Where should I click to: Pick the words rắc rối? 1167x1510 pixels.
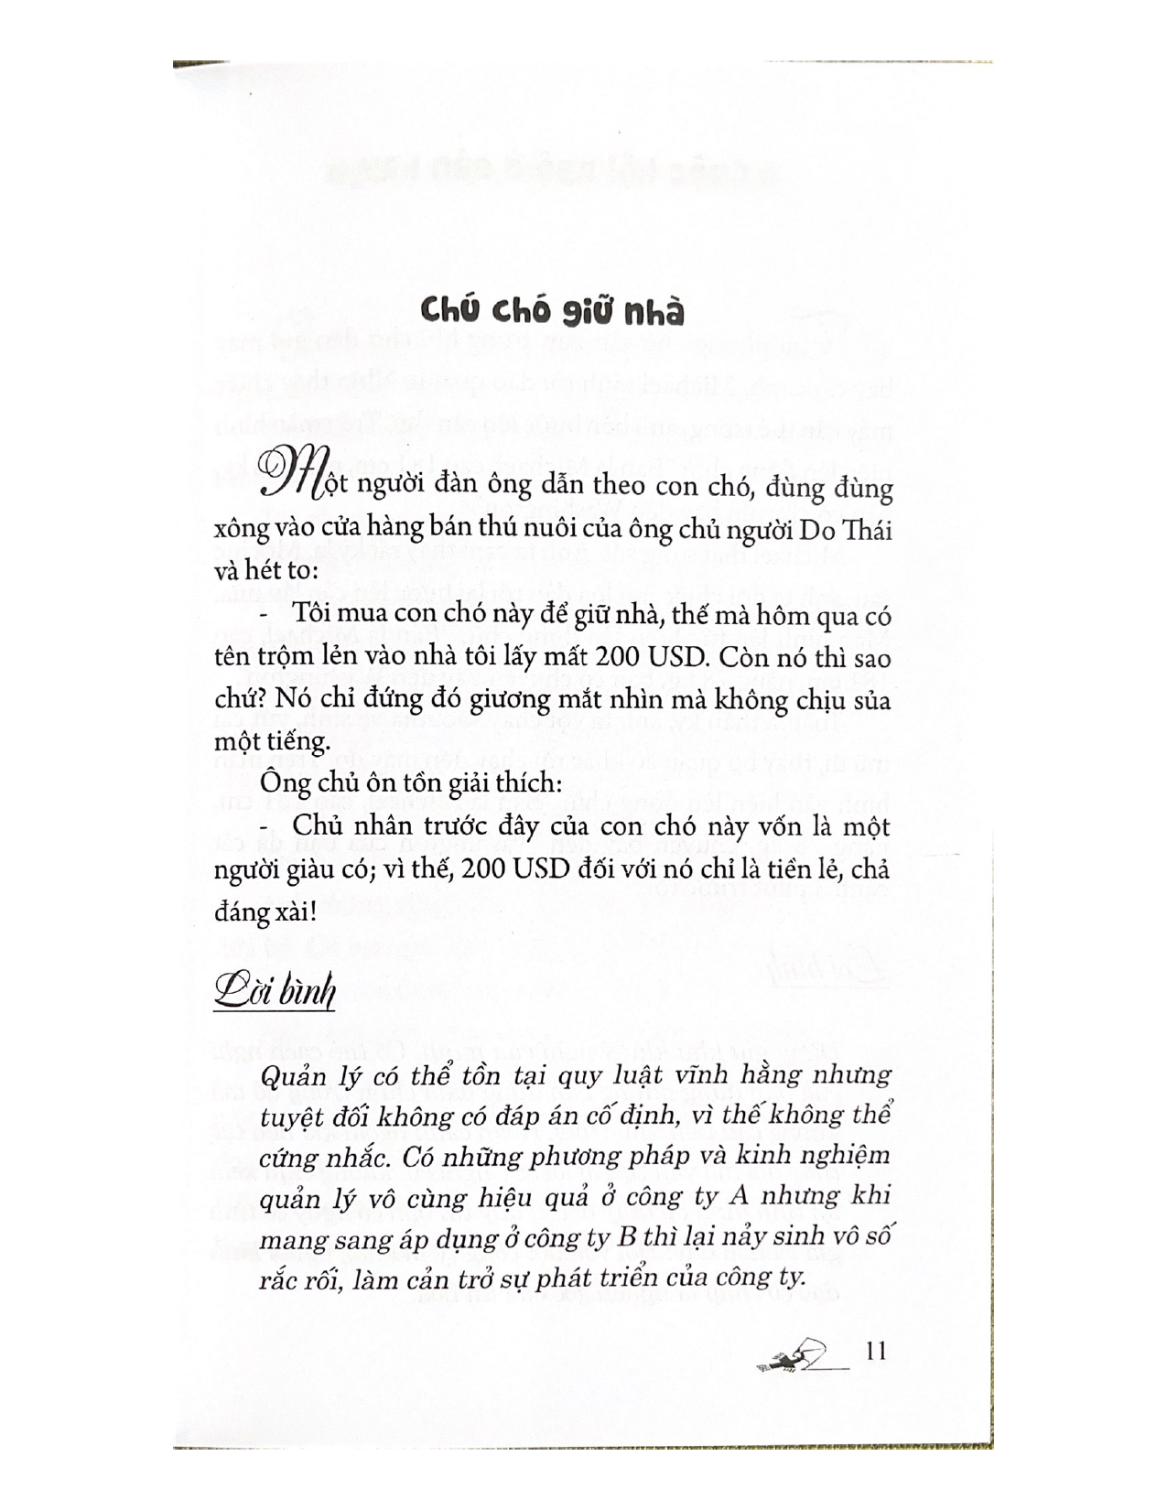(x=299, y=1280)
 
